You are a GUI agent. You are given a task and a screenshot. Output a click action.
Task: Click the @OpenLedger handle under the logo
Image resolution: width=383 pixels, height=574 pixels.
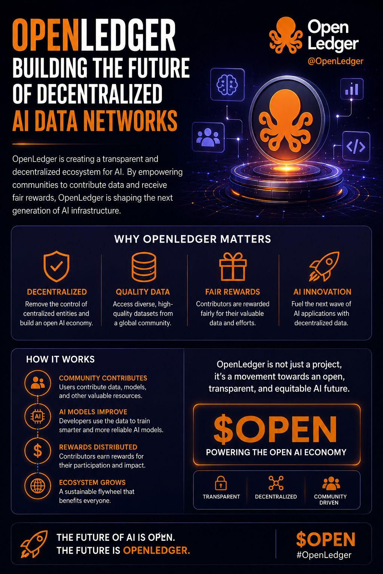[335, 61]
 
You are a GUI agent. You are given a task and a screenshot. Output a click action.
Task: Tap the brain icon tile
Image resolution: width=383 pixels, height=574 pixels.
[227, 84]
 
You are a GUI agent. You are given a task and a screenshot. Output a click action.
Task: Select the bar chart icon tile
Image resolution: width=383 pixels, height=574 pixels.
[352, 89]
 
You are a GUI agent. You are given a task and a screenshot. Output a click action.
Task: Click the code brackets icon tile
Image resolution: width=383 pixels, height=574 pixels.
[356, 146]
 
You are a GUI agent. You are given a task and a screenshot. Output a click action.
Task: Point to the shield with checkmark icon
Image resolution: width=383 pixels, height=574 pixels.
[56, 266]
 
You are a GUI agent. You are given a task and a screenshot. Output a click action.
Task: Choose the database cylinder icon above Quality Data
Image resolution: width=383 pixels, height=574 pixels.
[144, 267]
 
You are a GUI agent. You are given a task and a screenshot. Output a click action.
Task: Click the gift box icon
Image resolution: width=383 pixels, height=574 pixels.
[233, 266]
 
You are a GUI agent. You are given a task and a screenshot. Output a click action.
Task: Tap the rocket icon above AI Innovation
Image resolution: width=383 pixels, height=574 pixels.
[324, 266]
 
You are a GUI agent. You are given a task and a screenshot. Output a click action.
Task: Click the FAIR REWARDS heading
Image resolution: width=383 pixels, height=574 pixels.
[232, 292]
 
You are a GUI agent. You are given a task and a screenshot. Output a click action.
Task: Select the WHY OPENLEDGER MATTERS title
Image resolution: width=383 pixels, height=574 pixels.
[193, 239]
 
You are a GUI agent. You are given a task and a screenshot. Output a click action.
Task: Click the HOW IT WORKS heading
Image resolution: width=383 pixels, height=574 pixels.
[60, 359]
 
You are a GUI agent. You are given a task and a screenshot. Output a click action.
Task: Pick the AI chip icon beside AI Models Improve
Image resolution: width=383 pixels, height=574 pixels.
[38, 416]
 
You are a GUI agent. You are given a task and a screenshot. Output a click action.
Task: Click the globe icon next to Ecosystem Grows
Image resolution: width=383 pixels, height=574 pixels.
[38, 485]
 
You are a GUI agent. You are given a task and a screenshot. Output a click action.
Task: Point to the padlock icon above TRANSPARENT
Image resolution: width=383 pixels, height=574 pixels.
[221, 483]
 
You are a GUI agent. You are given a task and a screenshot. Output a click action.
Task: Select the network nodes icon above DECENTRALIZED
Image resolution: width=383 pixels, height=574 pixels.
[276, 483]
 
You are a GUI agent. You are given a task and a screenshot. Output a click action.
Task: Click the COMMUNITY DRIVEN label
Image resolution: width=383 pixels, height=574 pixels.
[330, 499]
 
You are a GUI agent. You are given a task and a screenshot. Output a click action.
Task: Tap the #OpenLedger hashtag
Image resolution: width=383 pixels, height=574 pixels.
[324, 555]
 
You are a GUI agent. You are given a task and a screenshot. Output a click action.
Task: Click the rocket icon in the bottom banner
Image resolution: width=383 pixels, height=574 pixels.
[34, 544]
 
